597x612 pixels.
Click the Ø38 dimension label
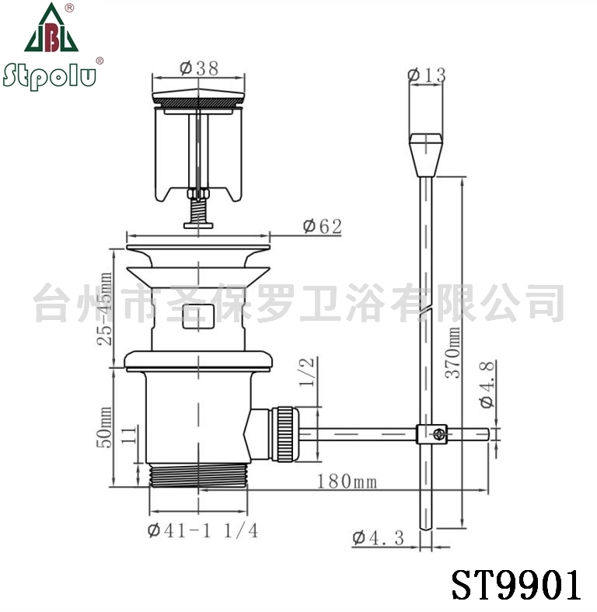[199, 68]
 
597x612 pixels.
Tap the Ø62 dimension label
[323, 226]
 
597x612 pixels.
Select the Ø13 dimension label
[427, 75]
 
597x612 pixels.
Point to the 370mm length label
[453, 353]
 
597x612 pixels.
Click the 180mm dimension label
[347, 482]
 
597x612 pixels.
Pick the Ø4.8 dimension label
[487, 385]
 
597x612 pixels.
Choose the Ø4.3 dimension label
[379, 538]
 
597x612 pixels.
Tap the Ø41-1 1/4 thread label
[203, 530]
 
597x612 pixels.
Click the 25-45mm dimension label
[104, 309]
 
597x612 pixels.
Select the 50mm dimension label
[104, 427]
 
